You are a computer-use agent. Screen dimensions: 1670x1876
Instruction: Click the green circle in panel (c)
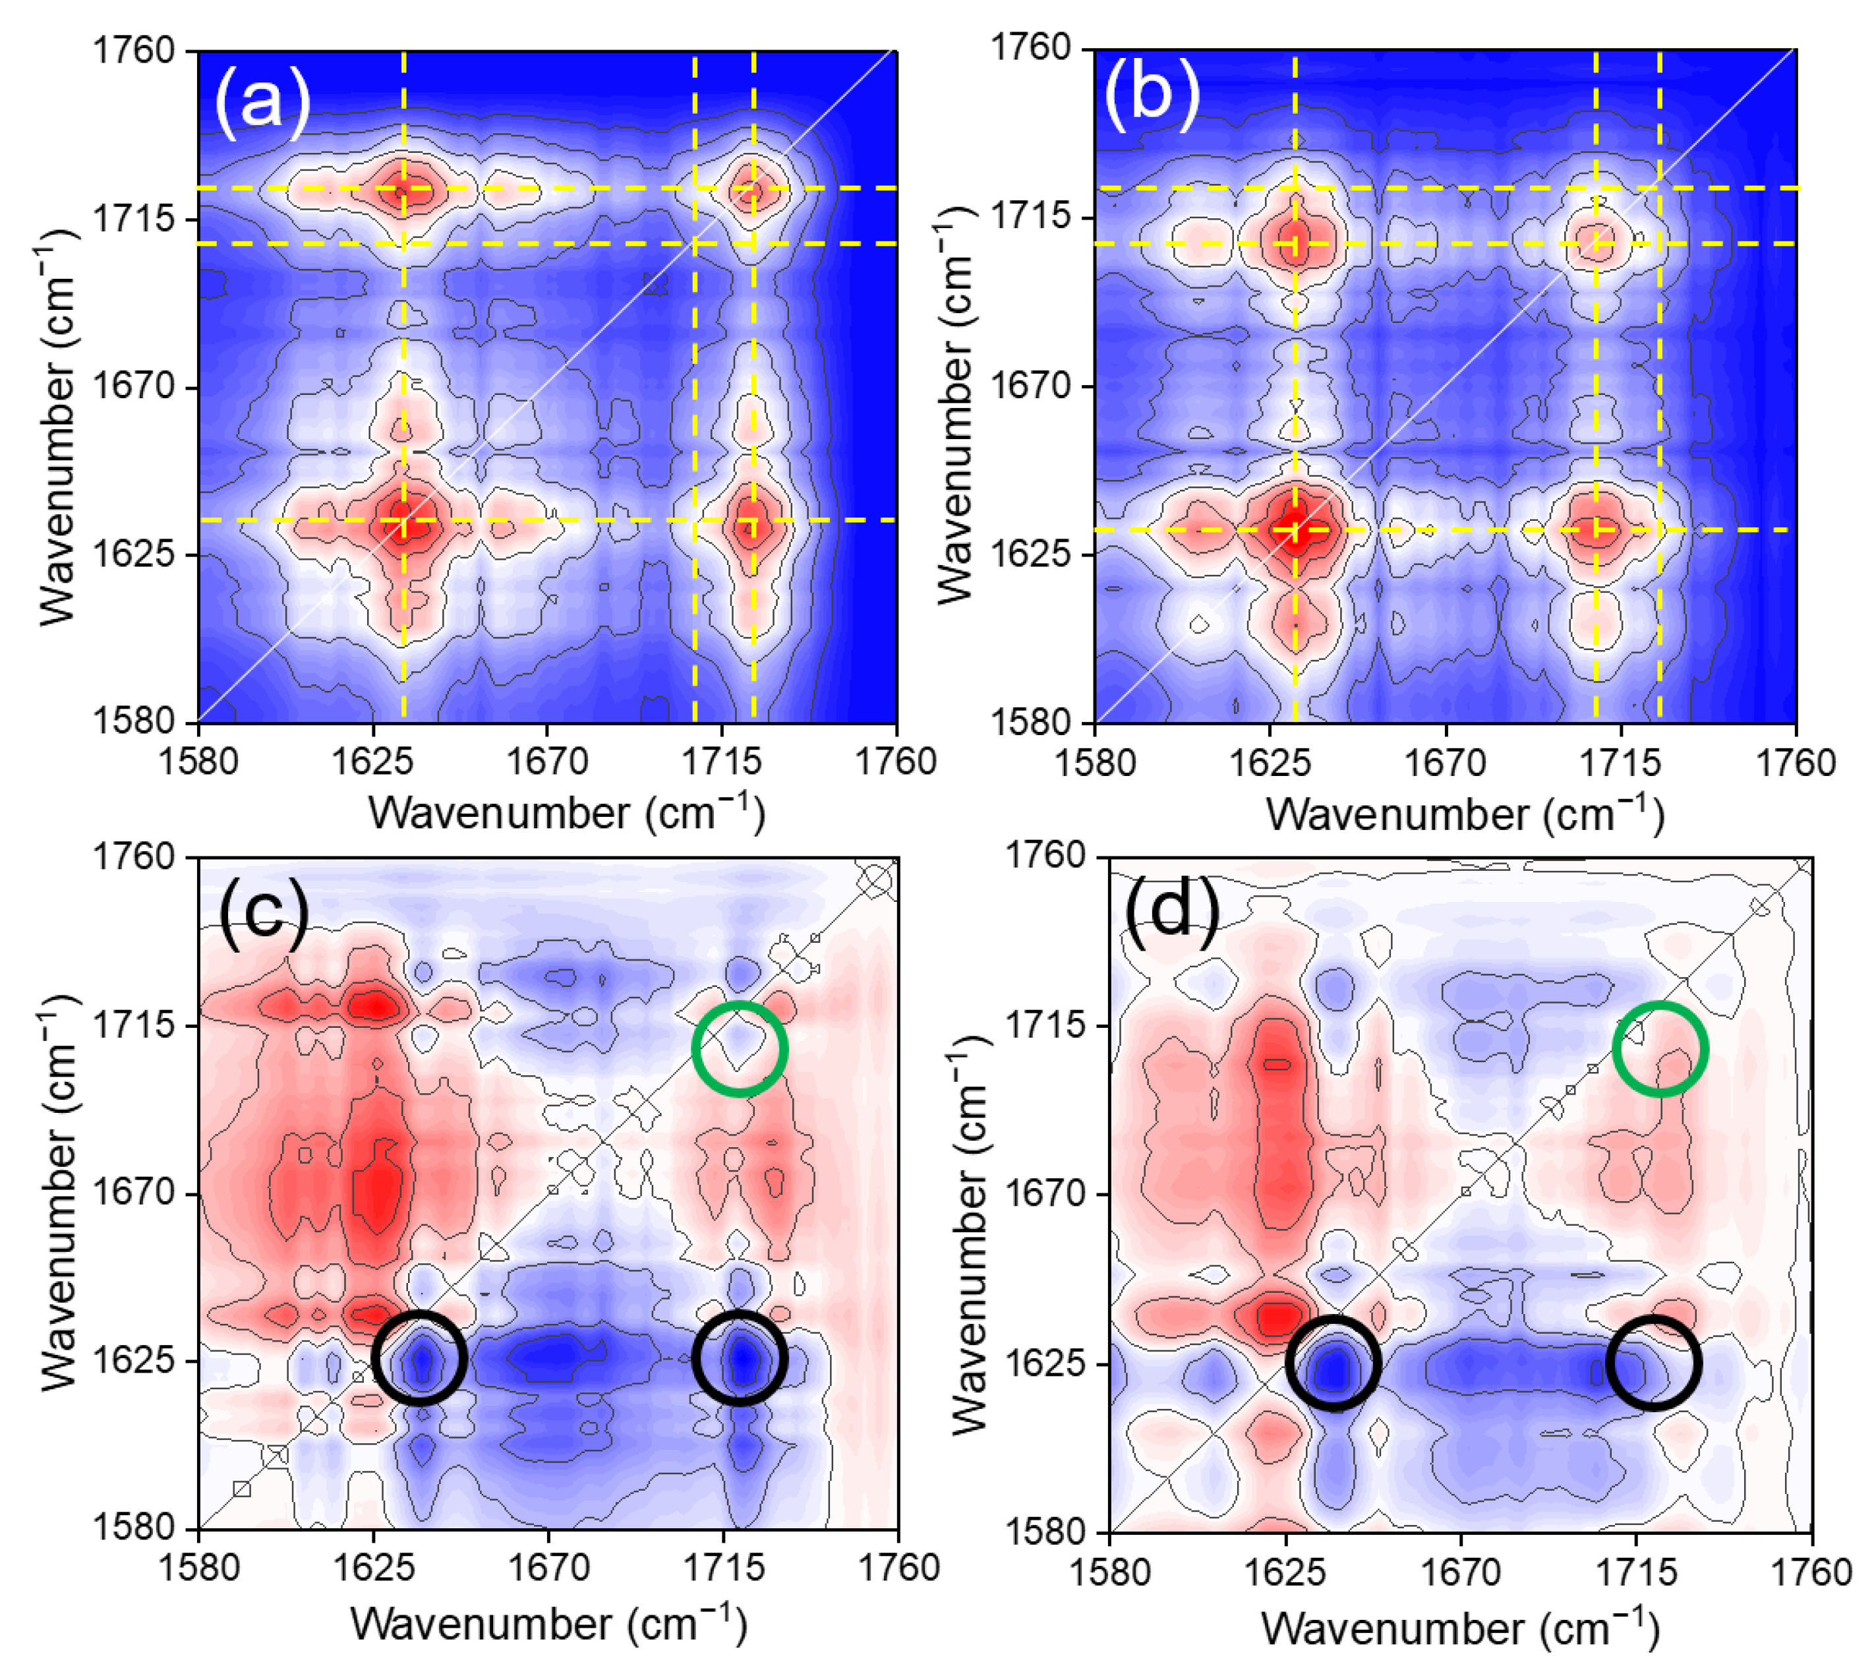point(739,1048)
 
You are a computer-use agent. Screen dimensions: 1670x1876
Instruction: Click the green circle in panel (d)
point(1659,1048)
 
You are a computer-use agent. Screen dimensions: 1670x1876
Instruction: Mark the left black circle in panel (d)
point(1333,1363)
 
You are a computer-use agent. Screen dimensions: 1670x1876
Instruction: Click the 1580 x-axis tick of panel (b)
point(1094,763)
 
